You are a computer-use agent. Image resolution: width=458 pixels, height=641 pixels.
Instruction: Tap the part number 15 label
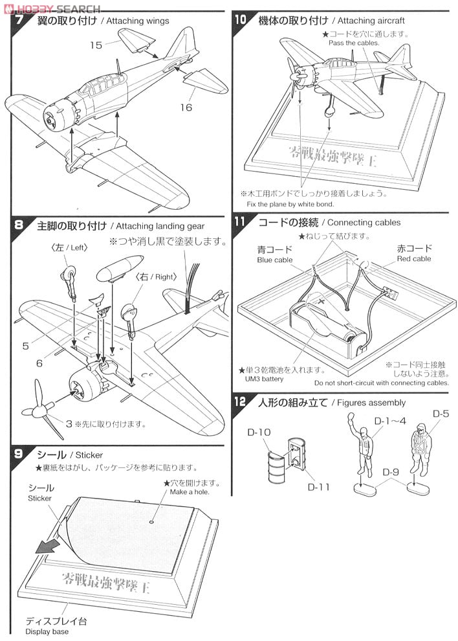(96, 45)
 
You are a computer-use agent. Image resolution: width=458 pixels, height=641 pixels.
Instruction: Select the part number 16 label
(186, 107)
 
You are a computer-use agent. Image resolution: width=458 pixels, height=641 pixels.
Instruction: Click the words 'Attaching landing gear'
(159, 226)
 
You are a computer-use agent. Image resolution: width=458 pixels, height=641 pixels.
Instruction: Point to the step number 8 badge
(19, 225)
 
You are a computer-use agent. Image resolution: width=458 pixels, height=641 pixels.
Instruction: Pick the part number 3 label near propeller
(68, 424)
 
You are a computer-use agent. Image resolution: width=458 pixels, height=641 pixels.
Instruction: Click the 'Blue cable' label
(275, 260)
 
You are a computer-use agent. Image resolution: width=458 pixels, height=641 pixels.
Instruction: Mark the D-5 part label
(440, 414)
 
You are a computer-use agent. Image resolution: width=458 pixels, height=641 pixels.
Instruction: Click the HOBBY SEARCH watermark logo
(52, 8)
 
